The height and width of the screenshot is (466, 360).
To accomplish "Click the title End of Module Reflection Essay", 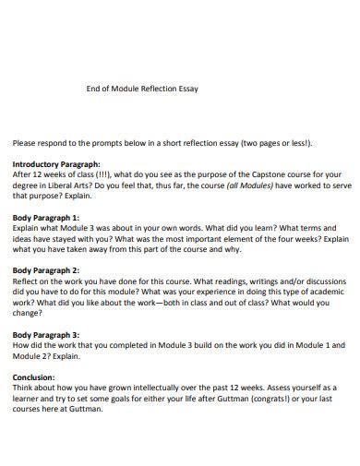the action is (x=141, y=89).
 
